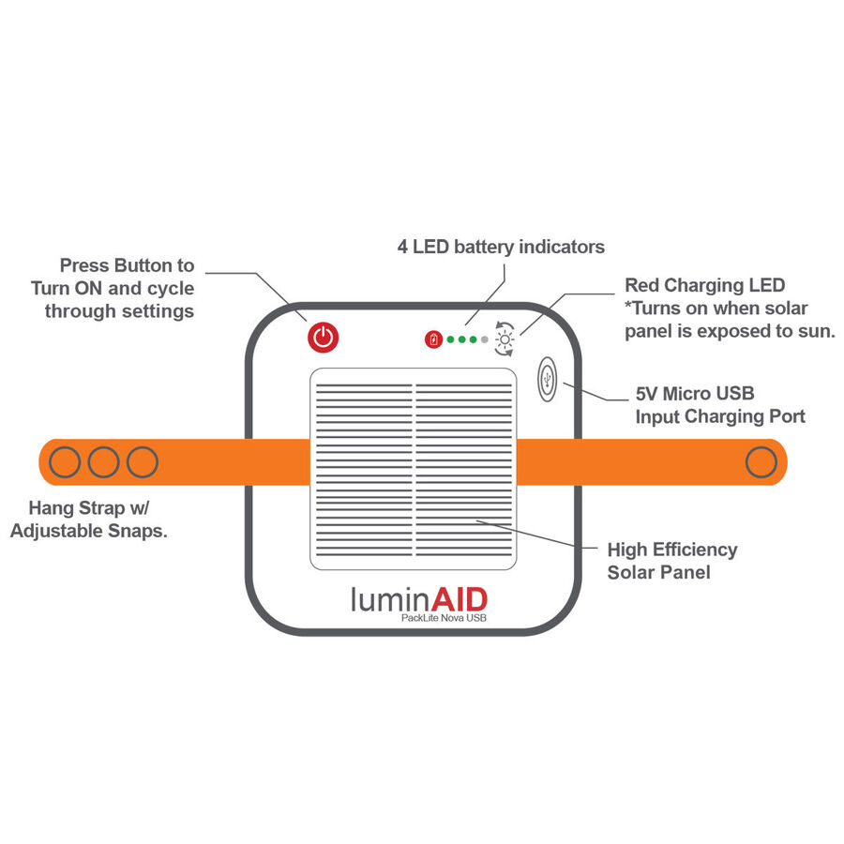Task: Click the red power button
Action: (x=323, y=338)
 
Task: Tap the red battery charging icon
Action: (x=433, y=339)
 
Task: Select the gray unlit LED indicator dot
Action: (x=485, y=339)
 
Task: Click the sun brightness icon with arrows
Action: (x=505, y=339)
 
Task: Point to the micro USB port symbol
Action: (x=547, y=380)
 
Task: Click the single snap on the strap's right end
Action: (x=761, y=461)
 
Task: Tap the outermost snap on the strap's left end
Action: (x=65, y=461)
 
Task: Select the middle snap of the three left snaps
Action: (x=103, y=461)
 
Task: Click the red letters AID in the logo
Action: (x=460, y=599)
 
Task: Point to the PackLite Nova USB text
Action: (x=444, y=618)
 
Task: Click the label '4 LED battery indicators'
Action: (x=501, y=247)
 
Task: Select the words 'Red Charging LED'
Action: (x=704, y=285)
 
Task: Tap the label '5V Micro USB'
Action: (x=695, y=394)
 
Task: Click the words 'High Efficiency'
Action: (x=672, y=550)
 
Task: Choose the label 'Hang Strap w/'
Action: (x=89, y=507)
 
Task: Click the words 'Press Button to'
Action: (x=127, y=265)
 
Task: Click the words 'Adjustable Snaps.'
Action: (x=89, y=531)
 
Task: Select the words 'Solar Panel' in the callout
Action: (x=659, y=572)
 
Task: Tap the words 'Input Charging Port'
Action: (x=720, y=416)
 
